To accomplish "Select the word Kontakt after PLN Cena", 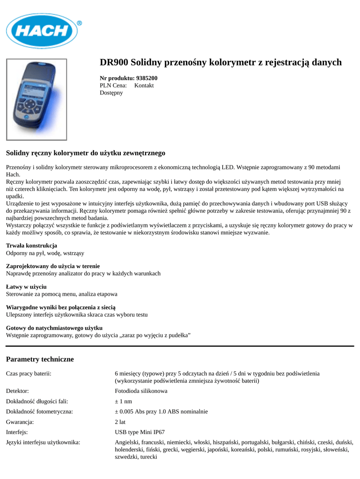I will tap(144, 86).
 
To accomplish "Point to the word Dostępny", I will tap(111, 93).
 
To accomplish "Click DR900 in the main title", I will tap(114, 62).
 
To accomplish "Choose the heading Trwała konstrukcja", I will tap(31, 246).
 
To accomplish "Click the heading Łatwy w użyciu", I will tap(26, 287).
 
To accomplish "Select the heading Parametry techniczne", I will tap(40, 359).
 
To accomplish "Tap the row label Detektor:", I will tap(17, 391).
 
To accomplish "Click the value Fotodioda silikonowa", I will tap(141, 391).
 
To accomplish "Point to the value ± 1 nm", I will tap(124, 401).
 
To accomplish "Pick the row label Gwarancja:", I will tap(20, 421).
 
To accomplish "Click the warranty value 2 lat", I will tap(120, 421).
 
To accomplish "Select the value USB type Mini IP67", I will tap(140, 432).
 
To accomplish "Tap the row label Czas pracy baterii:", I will tap(29, 373).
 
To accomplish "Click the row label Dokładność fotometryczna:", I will tap(39, 412).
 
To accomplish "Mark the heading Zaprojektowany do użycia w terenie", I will tap(52, 266).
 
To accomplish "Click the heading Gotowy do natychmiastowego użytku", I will tap(54, 328).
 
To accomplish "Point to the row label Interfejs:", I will tap(17, 432).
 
